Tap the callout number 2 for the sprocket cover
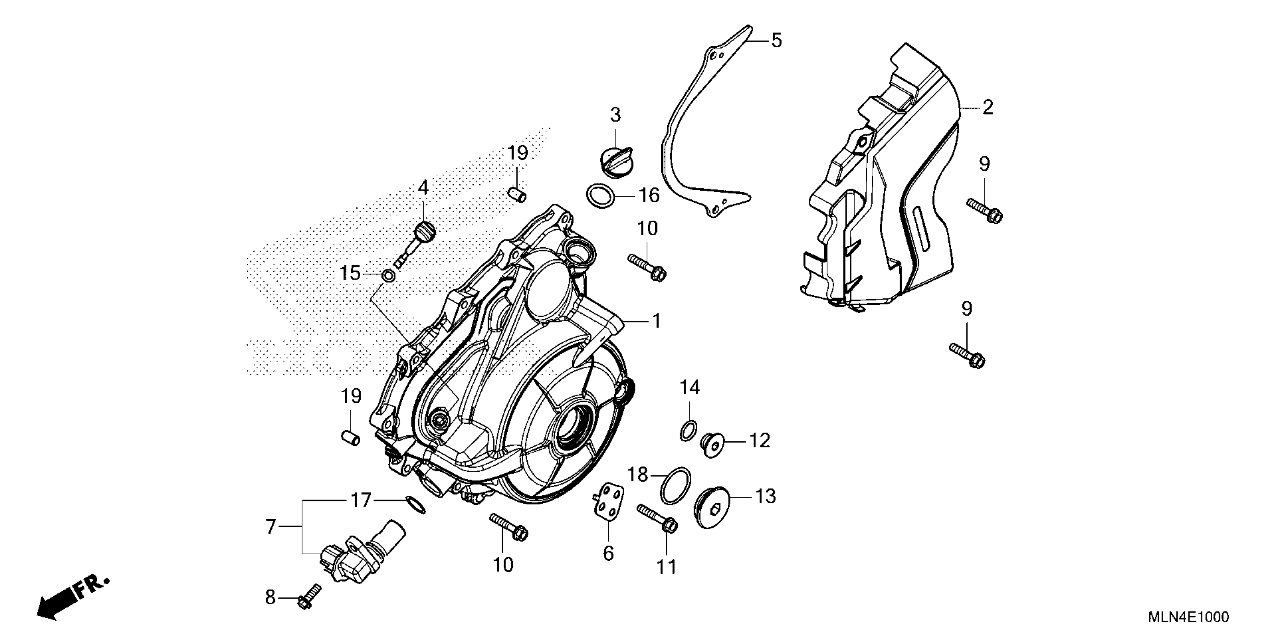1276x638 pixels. coord(988,107)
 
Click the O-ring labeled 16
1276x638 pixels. coord(600,196)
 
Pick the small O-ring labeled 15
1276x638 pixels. coord(388,275)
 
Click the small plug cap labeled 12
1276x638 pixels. coord(711,444)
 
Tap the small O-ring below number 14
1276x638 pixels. coord(689,430)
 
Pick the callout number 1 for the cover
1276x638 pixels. coord(656,321)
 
